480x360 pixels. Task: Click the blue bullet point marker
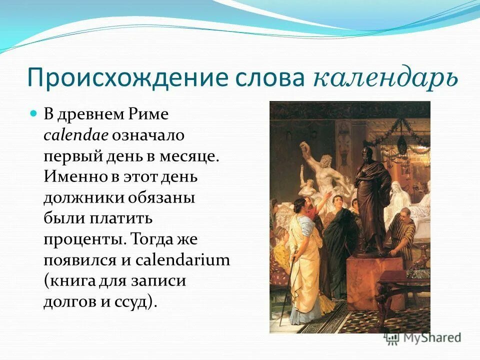pos(34,114)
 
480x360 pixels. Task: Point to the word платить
pos(126,219)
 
